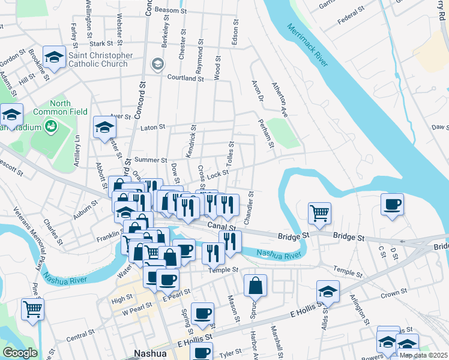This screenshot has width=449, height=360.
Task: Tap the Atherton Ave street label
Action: (x=280, y=100)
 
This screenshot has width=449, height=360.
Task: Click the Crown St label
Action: (x=394, y=293)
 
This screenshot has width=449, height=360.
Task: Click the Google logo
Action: (x=20, y=353)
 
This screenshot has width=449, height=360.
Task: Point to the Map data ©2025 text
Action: (x=423, y=355)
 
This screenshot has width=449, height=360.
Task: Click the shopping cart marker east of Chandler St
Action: (x=319, y=212)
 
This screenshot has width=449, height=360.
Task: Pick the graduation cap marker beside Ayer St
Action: (x=104, y=127)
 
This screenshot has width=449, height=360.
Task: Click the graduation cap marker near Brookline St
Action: (x=55, y=58)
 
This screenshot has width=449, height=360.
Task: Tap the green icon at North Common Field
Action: (x=51, y=126)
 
